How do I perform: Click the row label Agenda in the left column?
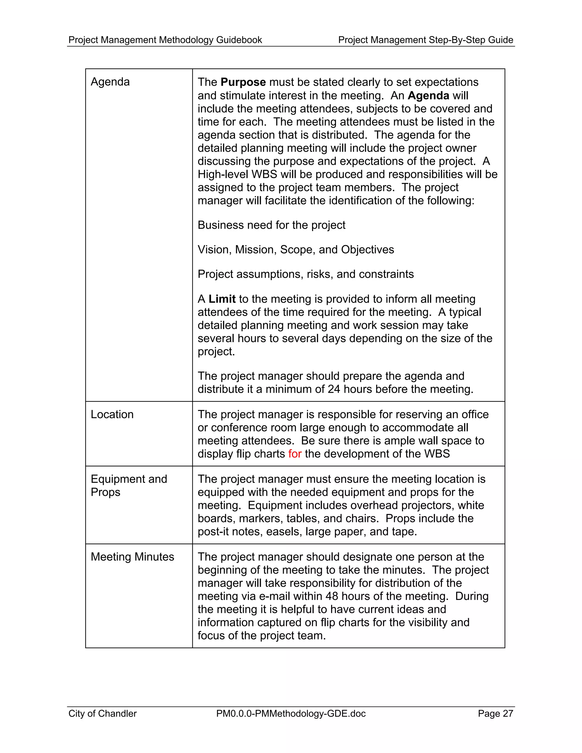tap(110, 82)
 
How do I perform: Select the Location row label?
tap(112, 414)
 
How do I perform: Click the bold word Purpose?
tap(243, 82)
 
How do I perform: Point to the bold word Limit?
tap(222, 299)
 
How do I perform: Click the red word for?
tap(295, 454)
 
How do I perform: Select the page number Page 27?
tap(495, 713)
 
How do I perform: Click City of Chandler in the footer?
tap(102, 713)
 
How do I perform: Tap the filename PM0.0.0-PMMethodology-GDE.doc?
tap(291, 713)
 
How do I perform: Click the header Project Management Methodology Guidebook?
tap(165, 40)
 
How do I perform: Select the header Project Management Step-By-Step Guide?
tap(425, 40)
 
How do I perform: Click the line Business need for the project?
tap(271, 225)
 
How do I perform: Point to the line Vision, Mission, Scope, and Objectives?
tap(296, 249)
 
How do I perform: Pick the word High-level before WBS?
tap(223, 174)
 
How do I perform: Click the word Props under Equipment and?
tap(105, 492)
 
